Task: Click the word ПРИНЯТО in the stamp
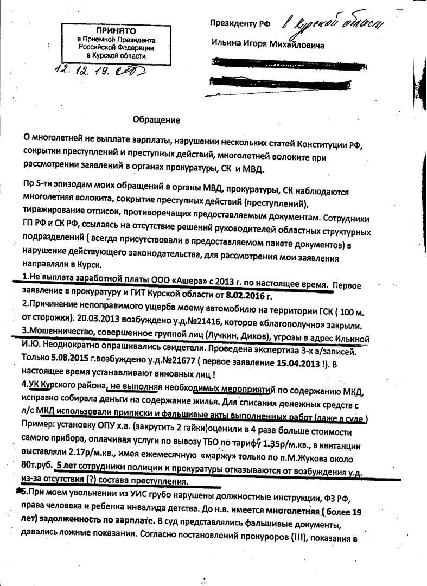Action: (114, 31)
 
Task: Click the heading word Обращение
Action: (156, 120)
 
